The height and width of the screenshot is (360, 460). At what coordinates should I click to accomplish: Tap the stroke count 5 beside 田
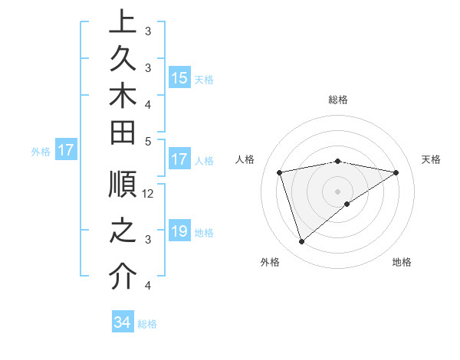click(148, 142)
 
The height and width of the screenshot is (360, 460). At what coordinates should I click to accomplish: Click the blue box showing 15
click(179, 77)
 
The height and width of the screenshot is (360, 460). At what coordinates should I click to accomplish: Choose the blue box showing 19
click(179, 232)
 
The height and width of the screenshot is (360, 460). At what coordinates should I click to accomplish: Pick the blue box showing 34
click(122, 323)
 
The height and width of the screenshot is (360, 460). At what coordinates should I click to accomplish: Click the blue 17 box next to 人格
click(179, 160)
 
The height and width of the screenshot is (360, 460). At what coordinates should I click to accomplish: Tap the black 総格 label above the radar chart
click(338, 100)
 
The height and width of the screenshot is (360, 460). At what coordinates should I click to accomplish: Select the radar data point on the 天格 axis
click(396, 172)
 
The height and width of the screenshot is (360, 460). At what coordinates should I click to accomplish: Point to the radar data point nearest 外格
click(301, 241)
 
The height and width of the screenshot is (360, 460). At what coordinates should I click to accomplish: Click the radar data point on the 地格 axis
click(347, 204)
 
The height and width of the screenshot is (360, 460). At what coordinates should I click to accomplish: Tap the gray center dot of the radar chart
click(338, 191)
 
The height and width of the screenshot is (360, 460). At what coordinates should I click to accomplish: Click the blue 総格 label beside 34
click(147, 324)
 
